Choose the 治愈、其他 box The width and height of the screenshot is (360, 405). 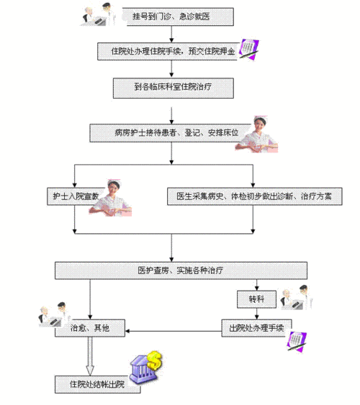point(90,329)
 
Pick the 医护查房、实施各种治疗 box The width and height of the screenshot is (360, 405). point(180,270)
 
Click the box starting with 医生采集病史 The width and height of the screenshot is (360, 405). point(253,196)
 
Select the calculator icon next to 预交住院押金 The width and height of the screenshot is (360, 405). point(248,50)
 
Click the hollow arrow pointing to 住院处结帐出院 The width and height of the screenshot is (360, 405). point(90,355)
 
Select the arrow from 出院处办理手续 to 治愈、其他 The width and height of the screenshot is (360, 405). point(173,329)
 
